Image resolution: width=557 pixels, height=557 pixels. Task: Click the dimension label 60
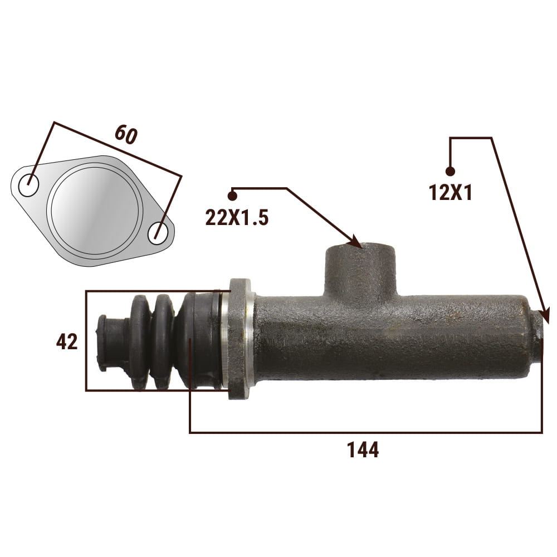click(x=126, y=135)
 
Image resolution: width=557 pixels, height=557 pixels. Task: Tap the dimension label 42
click(x=67, y=342)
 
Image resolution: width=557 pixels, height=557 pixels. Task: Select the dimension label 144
click(x=363, y=449)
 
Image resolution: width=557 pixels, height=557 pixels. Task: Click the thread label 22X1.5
click(x=237, y=217)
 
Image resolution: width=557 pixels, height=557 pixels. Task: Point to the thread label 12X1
click(x=451, y=193)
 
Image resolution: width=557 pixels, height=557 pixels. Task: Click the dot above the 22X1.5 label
click(x=232, y=196)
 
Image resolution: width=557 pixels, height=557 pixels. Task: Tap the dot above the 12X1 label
click(x=450, y=171)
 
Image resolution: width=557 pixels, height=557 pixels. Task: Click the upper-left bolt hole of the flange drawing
click(x=28, y=185)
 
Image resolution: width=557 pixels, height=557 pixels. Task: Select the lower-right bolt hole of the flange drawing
click(x=158, y=233)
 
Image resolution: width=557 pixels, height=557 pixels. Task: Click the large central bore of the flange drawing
click(x=95, y=211)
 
